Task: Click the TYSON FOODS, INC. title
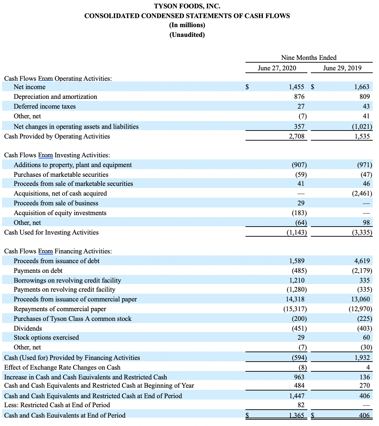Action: [x=187, y=6]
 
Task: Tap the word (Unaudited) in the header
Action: [x=187, y=35]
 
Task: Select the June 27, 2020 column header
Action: [x=277, y=68]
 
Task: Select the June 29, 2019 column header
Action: [x=342, y=68]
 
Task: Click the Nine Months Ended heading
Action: [x=309, y=58]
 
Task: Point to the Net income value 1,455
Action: [x=297, y=87]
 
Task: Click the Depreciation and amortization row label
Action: [x=55, y=97]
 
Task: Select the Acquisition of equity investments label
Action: [x=60, y=213]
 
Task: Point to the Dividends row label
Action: [x=28, y=329]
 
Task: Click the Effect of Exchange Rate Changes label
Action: [x=62, y=368]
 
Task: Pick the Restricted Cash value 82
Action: [x=301, y=405]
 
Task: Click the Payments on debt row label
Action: [x=38, y=271]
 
